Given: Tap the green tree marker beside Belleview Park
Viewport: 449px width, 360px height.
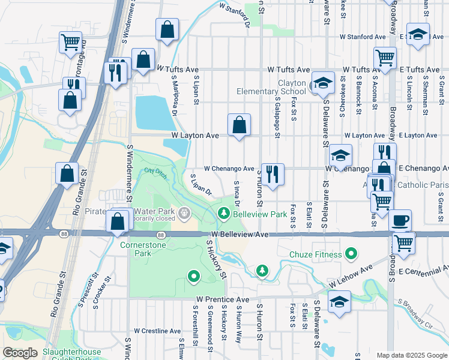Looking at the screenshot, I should click(223, 213).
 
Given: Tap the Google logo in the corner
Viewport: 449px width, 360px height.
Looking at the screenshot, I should click(20, 352).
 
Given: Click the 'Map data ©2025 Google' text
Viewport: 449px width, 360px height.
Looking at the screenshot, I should click(411, 355).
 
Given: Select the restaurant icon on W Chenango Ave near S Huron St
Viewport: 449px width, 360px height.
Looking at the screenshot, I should click(273, 175).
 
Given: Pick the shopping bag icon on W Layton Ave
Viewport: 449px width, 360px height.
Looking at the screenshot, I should click(239, 125).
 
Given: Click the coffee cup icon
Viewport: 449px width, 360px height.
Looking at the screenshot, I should click(400, 220).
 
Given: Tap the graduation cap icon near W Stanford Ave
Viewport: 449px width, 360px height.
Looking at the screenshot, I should click(418, 34).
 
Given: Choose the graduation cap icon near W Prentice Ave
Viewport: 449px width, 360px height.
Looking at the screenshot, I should click(339, 302).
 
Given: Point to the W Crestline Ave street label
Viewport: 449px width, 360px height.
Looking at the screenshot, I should click(157, 331).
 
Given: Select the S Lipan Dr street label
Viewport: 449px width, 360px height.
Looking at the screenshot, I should click(201, 185).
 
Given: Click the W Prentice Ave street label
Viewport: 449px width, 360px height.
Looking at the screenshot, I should click(222, 299).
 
